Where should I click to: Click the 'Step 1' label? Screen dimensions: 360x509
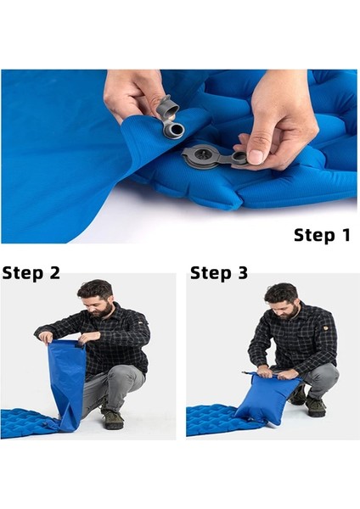[322, 235]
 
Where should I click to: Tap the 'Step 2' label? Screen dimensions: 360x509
[31, 272]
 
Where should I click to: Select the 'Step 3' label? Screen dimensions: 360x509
[219, 272]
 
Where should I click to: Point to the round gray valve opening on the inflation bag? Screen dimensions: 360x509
[176, 131]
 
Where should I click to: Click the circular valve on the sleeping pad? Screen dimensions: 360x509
[202, 158]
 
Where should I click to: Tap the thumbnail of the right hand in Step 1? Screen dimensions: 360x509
[256, 157]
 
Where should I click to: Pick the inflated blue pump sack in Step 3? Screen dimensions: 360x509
[267, 398]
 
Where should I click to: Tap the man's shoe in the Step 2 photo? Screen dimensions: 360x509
[112, 419]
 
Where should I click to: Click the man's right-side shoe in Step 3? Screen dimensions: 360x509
[315, 406]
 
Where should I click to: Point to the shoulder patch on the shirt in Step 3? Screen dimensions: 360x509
[325, 327]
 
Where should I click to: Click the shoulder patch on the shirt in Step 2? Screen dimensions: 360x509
[140, 323]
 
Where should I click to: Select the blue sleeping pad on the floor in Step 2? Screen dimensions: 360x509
[29, 423]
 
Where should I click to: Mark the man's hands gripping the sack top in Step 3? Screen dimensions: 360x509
[273, 372]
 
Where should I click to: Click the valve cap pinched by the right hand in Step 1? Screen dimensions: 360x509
[240, 158]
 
